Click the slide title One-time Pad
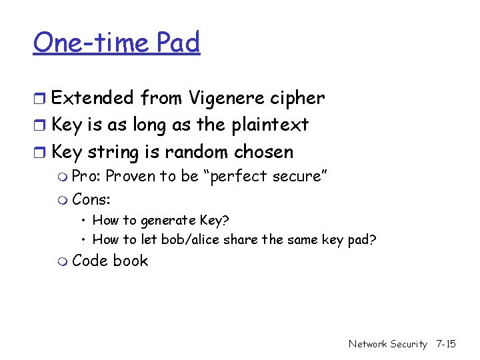tap(117, 43)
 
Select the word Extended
tap(93, 98)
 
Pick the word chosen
tap(263, 151)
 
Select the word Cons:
tap(91, 199)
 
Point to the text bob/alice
tap(189, 239)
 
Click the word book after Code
tap(130, 261)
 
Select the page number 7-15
tap(445, 344)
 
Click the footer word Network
tap(367, 344)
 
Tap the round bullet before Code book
tap(63, 262)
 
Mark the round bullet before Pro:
tap(63, 177)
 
